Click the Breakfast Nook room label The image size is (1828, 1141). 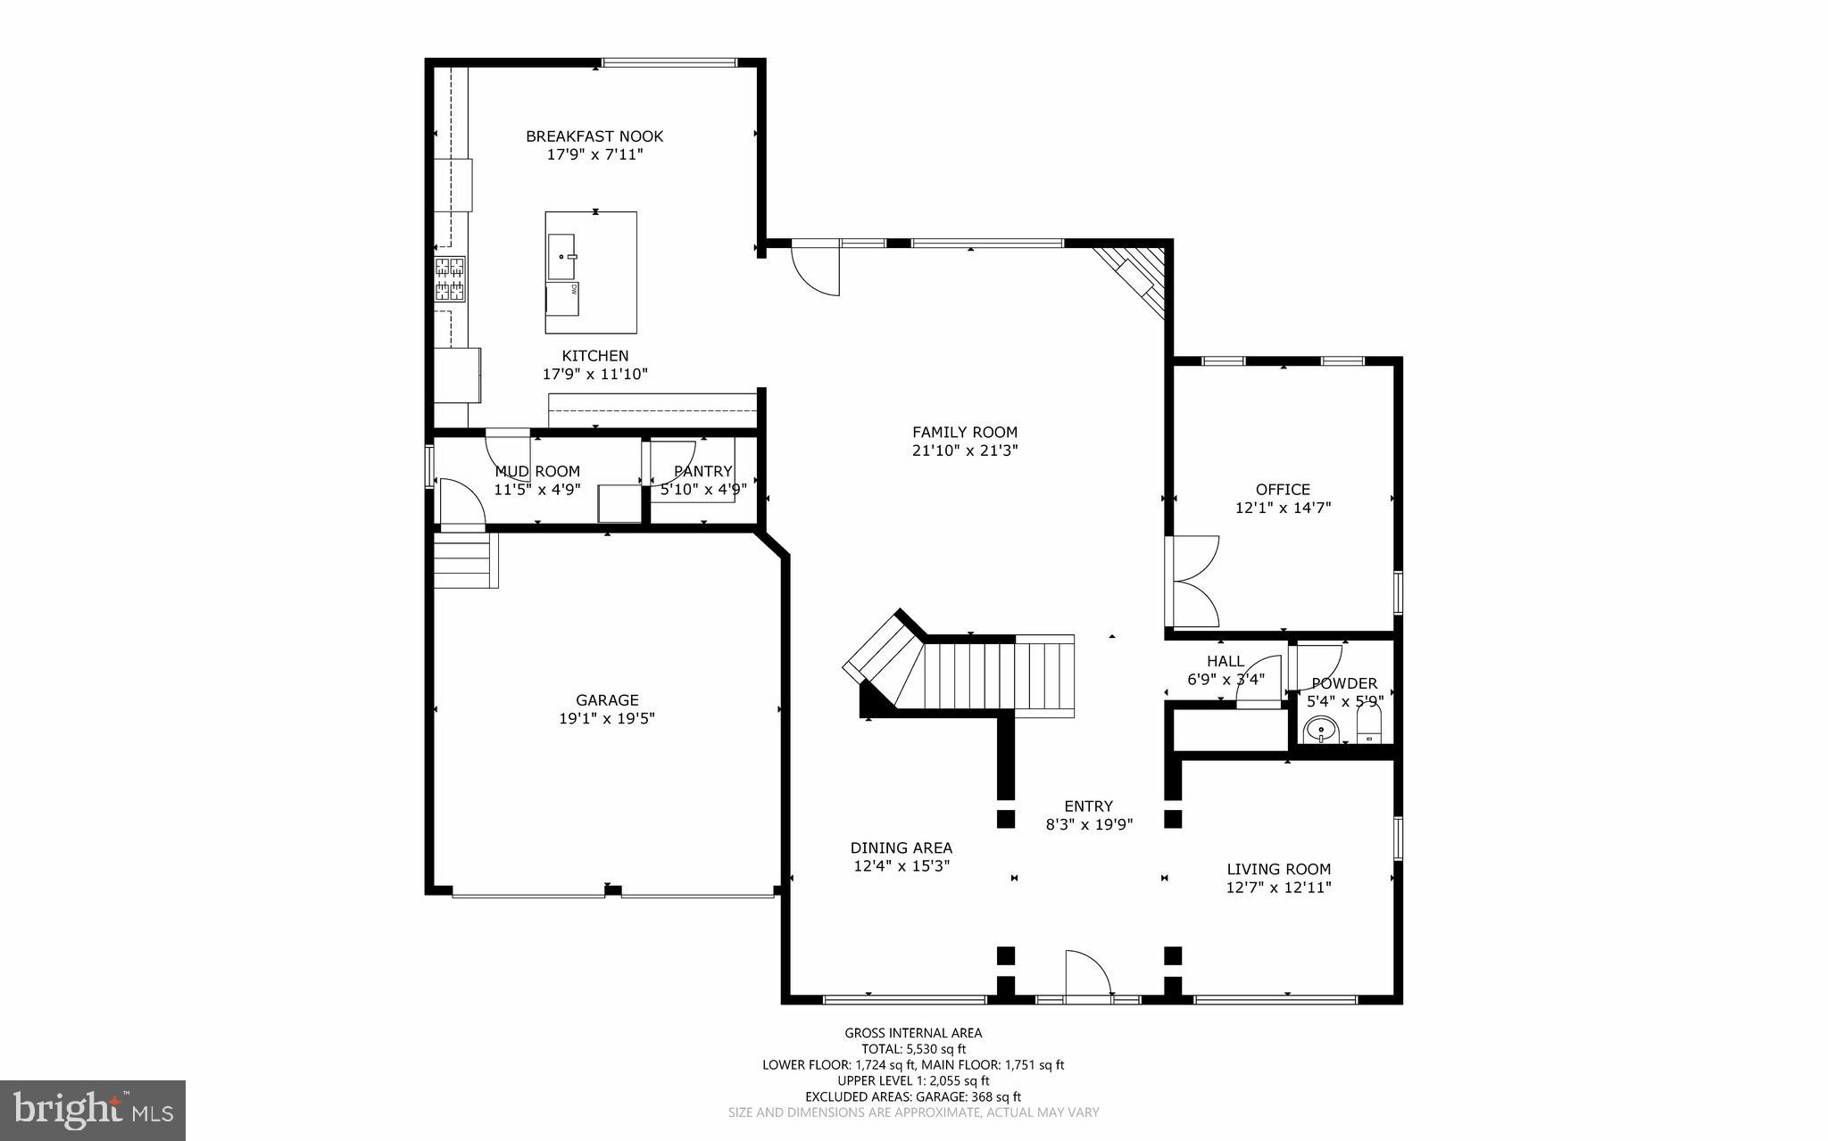coord(594,136)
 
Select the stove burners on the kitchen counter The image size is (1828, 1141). coord(451,278)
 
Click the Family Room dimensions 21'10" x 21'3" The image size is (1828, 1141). coord(964,451)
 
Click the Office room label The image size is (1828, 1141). coord(1283,490)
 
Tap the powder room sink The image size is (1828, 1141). coord(1320,732)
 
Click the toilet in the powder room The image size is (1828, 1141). coord(1369,725)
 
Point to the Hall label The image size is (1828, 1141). coord(1226,661)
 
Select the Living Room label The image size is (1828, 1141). coord(1278,869)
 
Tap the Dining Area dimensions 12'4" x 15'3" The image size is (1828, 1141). coord(902,865)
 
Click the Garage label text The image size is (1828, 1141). coord(607,700)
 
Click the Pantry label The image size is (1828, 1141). coord(703,471)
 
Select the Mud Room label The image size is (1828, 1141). coord(537,471)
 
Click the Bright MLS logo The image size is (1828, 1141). coord(93,1110)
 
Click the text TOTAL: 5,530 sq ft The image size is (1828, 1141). coord(913,1049)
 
